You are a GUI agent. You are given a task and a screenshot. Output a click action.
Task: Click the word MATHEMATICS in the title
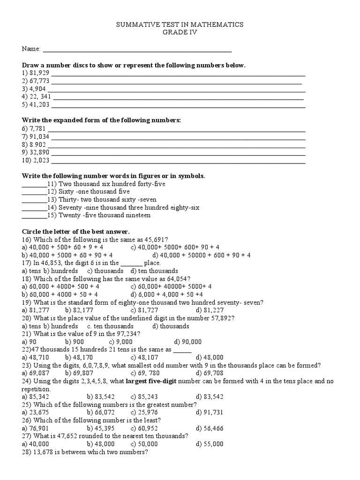217,25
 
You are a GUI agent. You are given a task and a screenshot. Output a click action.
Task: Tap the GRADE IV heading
180,33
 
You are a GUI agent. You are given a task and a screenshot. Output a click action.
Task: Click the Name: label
31,49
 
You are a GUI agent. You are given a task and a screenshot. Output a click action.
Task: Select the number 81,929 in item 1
39,73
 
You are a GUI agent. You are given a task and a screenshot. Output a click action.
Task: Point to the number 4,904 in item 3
37,89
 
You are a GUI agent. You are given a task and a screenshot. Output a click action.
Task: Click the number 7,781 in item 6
37,128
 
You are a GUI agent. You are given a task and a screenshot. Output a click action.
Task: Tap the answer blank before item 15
34,215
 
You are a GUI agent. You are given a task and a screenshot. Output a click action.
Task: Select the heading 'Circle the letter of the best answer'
76,232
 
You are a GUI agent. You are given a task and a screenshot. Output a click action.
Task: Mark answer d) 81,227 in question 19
210,310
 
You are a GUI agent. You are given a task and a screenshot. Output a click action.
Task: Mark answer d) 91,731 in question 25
210,412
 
